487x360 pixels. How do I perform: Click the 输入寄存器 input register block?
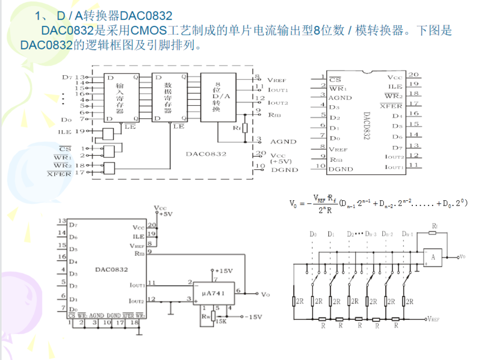click(x=119, y=97)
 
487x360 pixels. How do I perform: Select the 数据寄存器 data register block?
click(x=167, y=97)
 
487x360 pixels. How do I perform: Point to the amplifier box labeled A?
click(x=433, y=258)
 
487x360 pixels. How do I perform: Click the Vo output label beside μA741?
click(x=266, y=294)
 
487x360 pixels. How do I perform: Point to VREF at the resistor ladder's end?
click(x=437, y=319)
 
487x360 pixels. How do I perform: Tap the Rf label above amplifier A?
click(x=434, y=227)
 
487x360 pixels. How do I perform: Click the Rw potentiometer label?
click(x=204, y=318)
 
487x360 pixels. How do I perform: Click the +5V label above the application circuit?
click(x=165, y=215)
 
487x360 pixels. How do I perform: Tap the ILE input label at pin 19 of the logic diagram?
click(x=65, y=132)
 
